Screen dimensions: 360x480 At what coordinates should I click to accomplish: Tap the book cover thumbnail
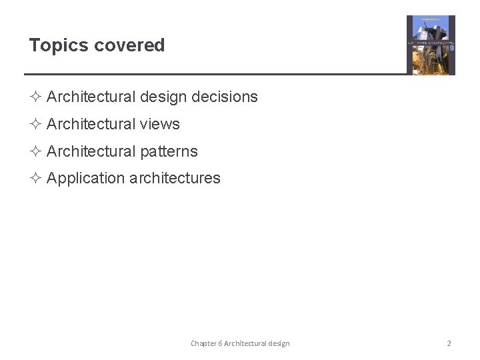pyautogui.click(x=431, y=45)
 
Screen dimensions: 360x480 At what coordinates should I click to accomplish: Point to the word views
pyautogui.click(x=160, y=124)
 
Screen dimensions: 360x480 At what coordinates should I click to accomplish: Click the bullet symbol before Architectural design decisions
pyautogui.click(x=35, y=97)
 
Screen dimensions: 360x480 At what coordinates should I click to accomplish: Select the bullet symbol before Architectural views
pyautogui.click(x=35, y=124)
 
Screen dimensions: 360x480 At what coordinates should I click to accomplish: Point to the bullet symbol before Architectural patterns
pyautogui.click(x=35, y=151)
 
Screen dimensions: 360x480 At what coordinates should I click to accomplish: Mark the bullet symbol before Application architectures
pyautogui.click(x=35, y=178)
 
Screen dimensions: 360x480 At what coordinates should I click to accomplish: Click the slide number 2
pyautogui.click(x=449, y=343)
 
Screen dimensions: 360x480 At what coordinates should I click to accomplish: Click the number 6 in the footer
pyautogui.click(x=221, y=343)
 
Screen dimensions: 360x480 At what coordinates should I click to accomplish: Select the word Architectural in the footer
pyautogui.click(x=245, y=343)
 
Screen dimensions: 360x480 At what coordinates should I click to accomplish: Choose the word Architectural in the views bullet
pyautogui.click(x=91, y=124)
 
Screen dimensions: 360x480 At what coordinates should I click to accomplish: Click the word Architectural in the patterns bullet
pyautogui.click(x=91, y=151)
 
